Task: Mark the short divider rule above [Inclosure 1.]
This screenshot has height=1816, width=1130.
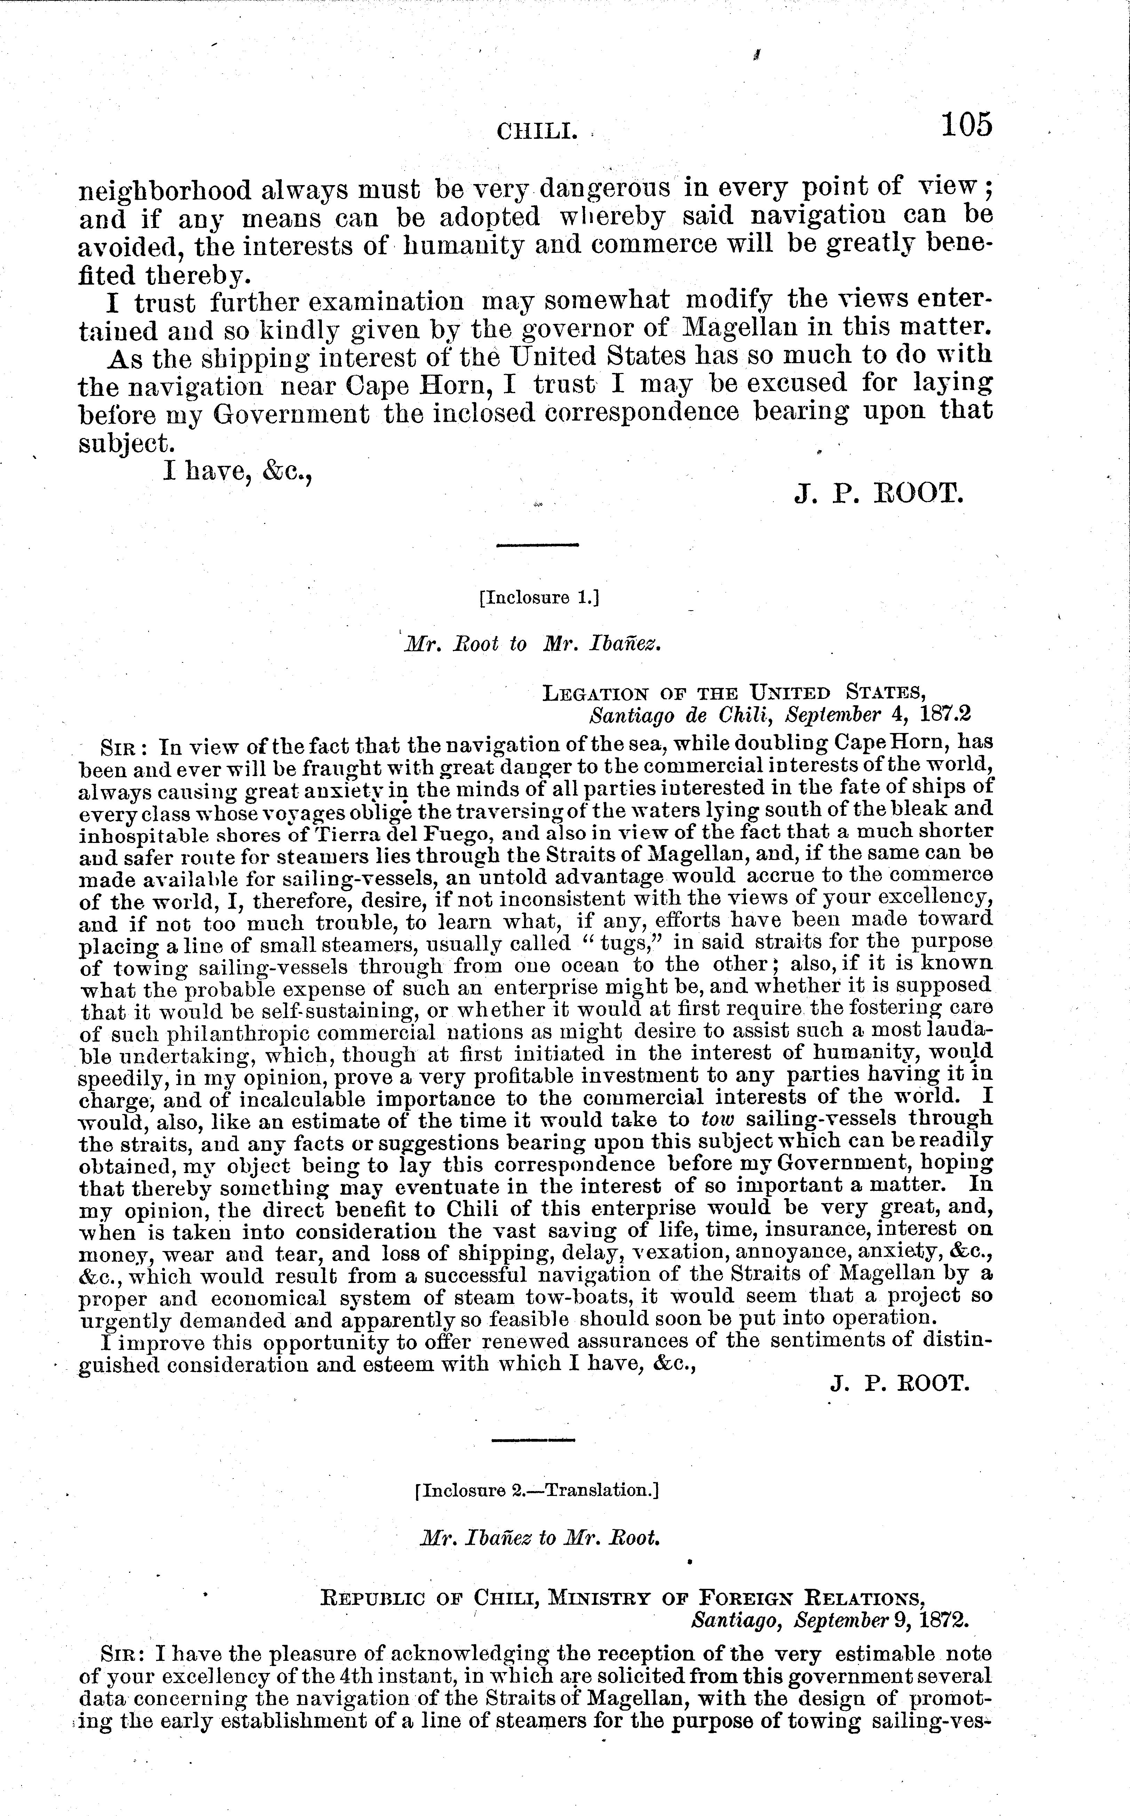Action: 538,545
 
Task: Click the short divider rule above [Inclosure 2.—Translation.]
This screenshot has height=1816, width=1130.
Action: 534,1439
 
